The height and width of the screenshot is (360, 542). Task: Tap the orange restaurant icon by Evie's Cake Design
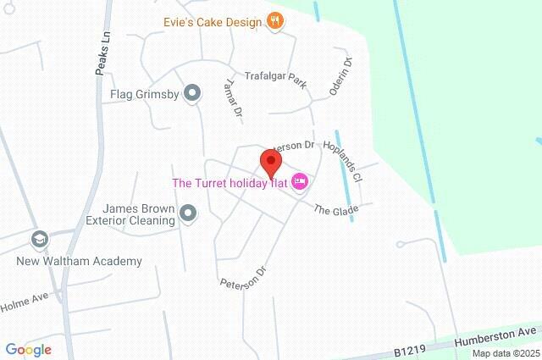(x=274, y=22)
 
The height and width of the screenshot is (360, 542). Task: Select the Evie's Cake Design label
(x=213, y=22)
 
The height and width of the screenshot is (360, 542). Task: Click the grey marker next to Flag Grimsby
(x=193, y=93)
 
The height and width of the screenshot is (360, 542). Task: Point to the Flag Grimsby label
(x=144, y=94)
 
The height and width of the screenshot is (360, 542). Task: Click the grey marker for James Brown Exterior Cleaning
(x=188, y=214)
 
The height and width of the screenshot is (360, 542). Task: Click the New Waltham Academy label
(x=80, y=262)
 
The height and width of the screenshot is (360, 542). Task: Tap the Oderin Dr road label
(x=341, y=76)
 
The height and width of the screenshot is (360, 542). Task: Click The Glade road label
(x=336, y=209)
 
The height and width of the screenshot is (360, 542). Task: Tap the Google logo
(x=28, y=350)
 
